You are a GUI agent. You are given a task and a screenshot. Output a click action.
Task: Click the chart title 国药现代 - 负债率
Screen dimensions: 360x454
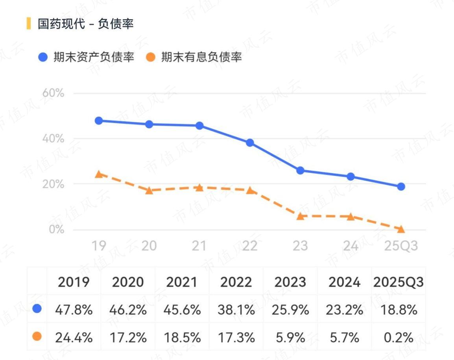(x=86, y=24)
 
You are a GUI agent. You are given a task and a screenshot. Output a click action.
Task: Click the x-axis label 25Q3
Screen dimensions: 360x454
(x=400, y=246)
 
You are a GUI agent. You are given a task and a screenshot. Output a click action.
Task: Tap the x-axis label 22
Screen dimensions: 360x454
(x=249, y=246)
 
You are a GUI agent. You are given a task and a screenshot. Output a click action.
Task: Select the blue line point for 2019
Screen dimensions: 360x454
(x=99, y=121)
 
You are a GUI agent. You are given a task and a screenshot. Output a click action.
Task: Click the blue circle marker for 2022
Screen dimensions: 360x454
(x=250, y=143)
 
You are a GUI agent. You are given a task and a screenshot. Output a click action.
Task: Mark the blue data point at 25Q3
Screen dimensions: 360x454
(x=401, y=186)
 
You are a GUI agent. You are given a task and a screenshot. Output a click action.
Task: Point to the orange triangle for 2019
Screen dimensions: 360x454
(x=99, y=174)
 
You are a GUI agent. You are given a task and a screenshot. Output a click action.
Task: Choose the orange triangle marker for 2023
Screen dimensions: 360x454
(x=300, y=216)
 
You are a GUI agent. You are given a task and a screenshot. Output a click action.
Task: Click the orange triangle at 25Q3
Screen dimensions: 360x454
(x=401, y=229)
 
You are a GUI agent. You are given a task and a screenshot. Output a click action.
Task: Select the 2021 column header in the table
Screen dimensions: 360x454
(x=182, y=282)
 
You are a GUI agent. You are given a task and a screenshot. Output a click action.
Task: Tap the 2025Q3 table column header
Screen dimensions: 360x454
(x=399, y=282)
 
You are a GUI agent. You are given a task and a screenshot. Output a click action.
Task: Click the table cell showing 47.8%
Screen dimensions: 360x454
(x=74, y=310)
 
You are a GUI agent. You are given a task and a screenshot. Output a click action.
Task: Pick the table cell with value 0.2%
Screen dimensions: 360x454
(x=399, y=337)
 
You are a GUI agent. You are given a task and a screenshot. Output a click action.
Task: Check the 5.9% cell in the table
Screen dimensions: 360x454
(x=290, y=337)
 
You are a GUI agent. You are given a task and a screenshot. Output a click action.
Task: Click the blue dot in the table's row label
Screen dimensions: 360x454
(x=37, y=309)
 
